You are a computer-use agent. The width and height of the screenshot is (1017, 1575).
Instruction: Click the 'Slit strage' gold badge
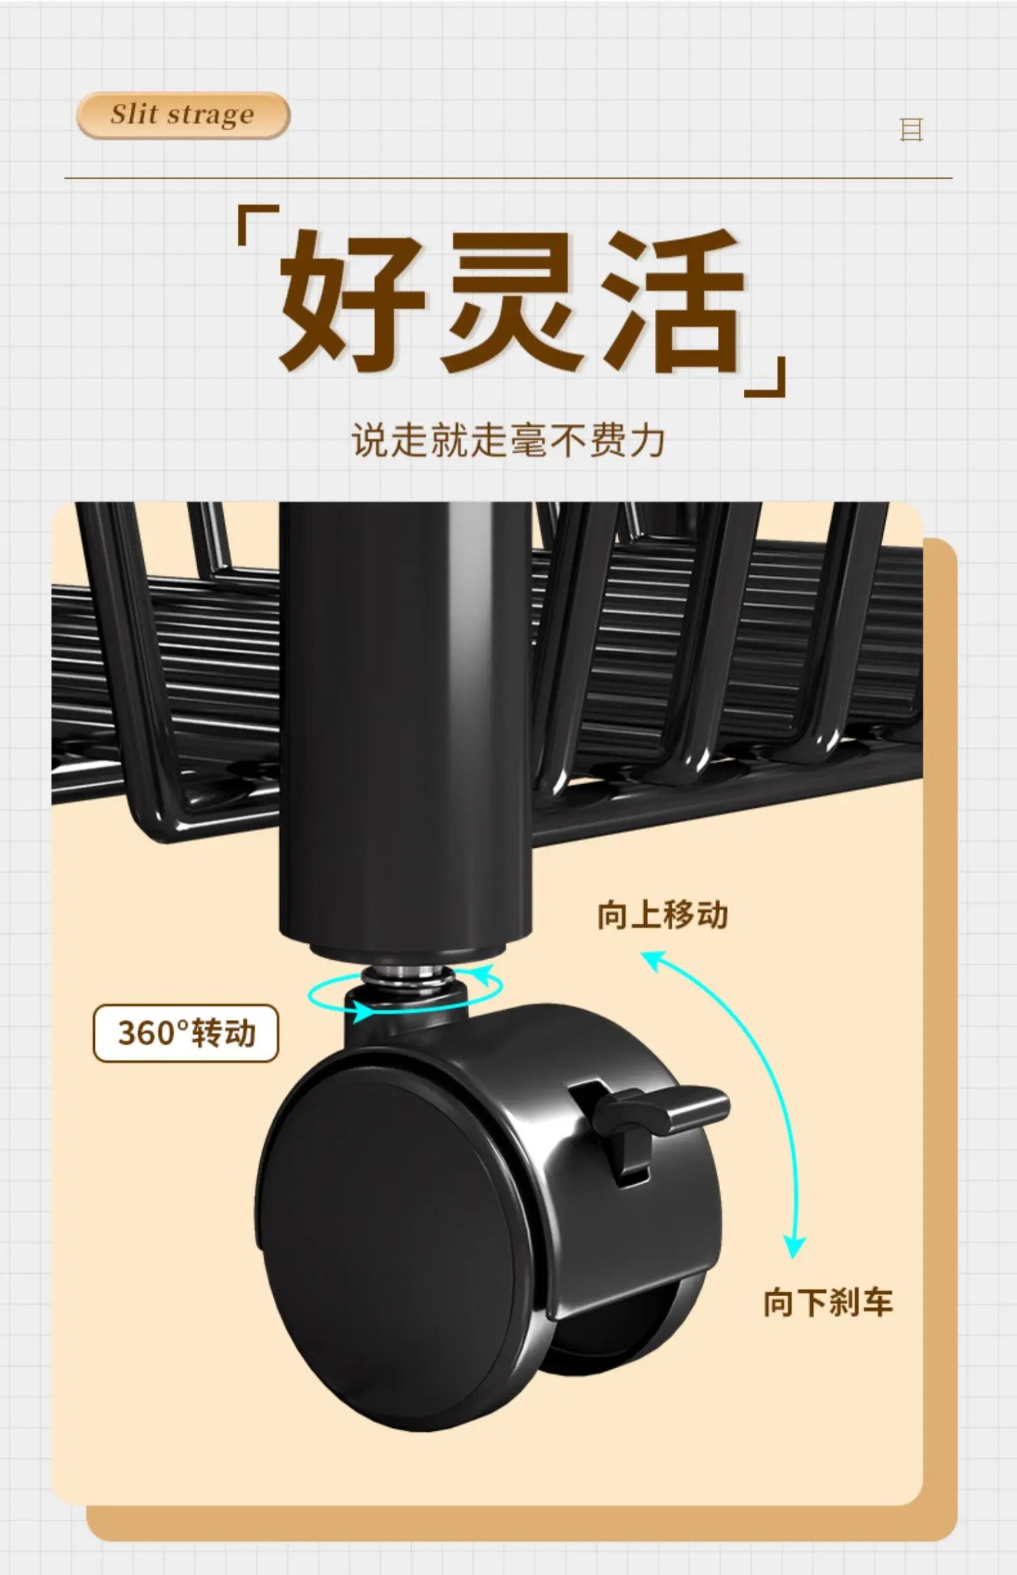(183, 115)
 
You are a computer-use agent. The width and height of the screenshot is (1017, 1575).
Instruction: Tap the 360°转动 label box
(186, 1033)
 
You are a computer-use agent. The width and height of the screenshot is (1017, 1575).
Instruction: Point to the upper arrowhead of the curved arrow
(652, 960)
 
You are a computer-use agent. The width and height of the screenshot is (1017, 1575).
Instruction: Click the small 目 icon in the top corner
(911, 129)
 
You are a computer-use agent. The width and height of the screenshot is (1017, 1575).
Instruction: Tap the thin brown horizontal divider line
(509, 178)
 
